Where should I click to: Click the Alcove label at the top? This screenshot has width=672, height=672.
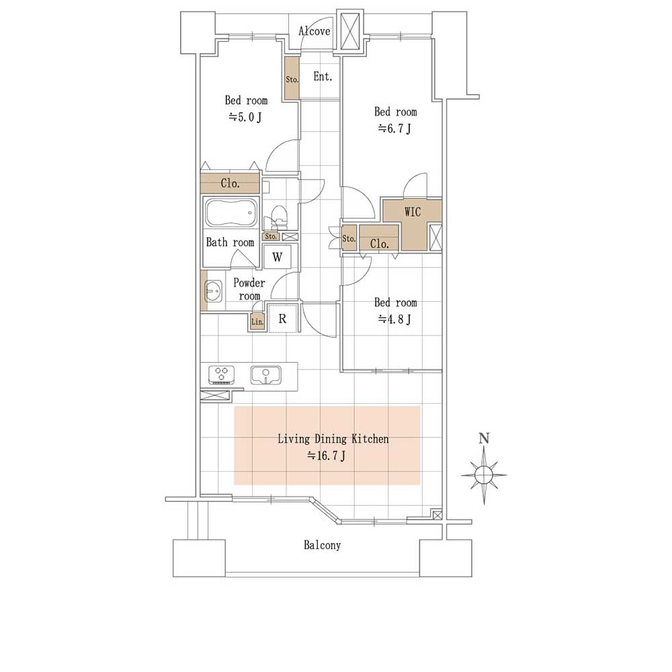[314, 31]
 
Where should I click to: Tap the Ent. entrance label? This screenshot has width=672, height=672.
[323, 77]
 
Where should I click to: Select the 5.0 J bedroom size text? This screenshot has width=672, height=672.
[245, 117]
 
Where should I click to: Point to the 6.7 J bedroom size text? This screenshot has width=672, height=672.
[394, 128]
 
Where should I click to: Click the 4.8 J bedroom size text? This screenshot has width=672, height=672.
[394, 319]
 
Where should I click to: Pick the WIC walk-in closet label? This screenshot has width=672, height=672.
[413, 212]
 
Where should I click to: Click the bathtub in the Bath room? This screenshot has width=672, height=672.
[231, 212]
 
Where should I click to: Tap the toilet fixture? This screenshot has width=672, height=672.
[278, 218]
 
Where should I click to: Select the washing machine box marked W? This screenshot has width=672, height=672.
[278, 257]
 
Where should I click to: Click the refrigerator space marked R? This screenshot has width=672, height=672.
[282, 318]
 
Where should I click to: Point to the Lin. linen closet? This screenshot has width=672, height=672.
[257, 322]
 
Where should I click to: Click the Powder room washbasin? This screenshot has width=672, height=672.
[213, 292]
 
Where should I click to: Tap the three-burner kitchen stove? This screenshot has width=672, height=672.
[222, 374]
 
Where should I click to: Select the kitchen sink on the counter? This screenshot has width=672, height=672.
[265, 375]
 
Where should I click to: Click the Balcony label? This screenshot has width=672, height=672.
[323, 545]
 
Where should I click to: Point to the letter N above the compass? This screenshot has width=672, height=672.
[484, 438]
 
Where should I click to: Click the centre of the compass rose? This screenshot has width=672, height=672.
[484, 475]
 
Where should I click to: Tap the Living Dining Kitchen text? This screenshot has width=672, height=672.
[333, 439]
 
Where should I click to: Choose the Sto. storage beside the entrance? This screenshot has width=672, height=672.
[292, 79]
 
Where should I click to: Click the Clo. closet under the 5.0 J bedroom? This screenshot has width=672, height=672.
[230, 183]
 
